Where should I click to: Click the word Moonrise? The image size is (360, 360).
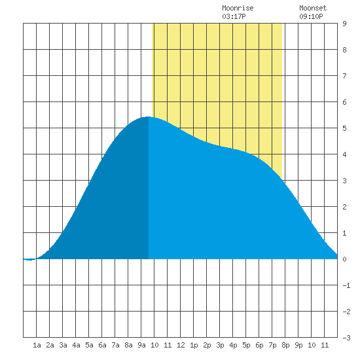(238, 8)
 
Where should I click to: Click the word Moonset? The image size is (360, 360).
(313, 8)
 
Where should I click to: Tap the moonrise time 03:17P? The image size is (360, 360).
(234, 16)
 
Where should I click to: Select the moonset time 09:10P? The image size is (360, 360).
(311, 16)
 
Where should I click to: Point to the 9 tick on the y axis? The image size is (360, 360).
(344, 24)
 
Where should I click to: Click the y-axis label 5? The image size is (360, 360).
(344, 128)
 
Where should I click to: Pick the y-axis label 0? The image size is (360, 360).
(344, 259)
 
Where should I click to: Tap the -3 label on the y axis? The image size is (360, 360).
(346, 338)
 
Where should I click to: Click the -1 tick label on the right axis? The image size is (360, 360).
(346, 285)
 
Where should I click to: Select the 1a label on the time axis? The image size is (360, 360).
(37, 345)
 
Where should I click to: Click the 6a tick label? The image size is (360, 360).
(102, 345)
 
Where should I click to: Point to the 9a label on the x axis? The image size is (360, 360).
(141, 345)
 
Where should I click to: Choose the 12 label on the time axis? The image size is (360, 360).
(181, 345)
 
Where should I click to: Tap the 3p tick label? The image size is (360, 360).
(220, 345)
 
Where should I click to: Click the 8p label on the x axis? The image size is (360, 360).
(285, 345)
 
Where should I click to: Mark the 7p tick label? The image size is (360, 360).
(272, 345)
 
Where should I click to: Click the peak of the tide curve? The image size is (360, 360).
(149, 117)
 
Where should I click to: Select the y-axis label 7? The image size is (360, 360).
(344, 76)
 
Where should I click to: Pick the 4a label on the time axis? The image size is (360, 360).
(76, 345)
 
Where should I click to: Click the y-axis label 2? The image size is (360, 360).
(344, 207)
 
